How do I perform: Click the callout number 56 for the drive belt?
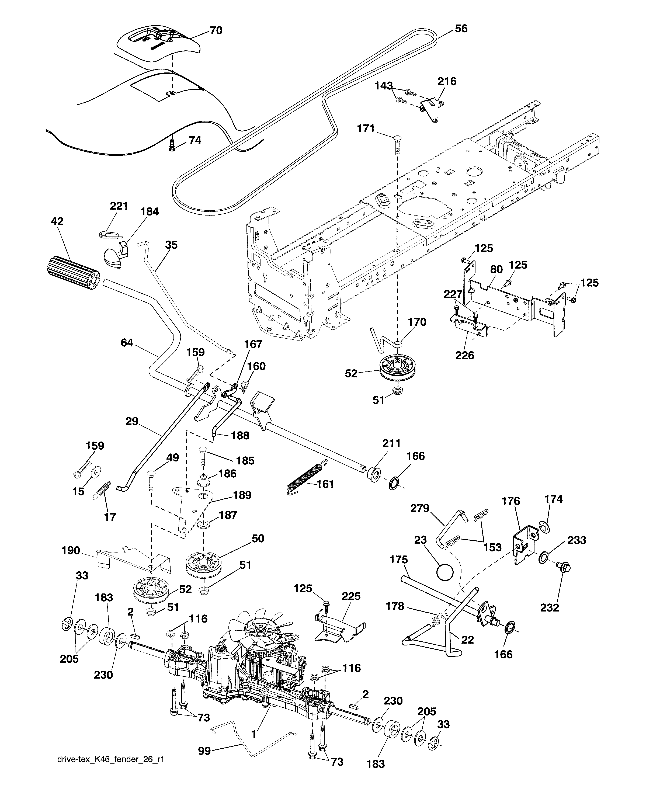[x=461, y=29]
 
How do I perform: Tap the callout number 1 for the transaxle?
[x=253, y=734]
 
